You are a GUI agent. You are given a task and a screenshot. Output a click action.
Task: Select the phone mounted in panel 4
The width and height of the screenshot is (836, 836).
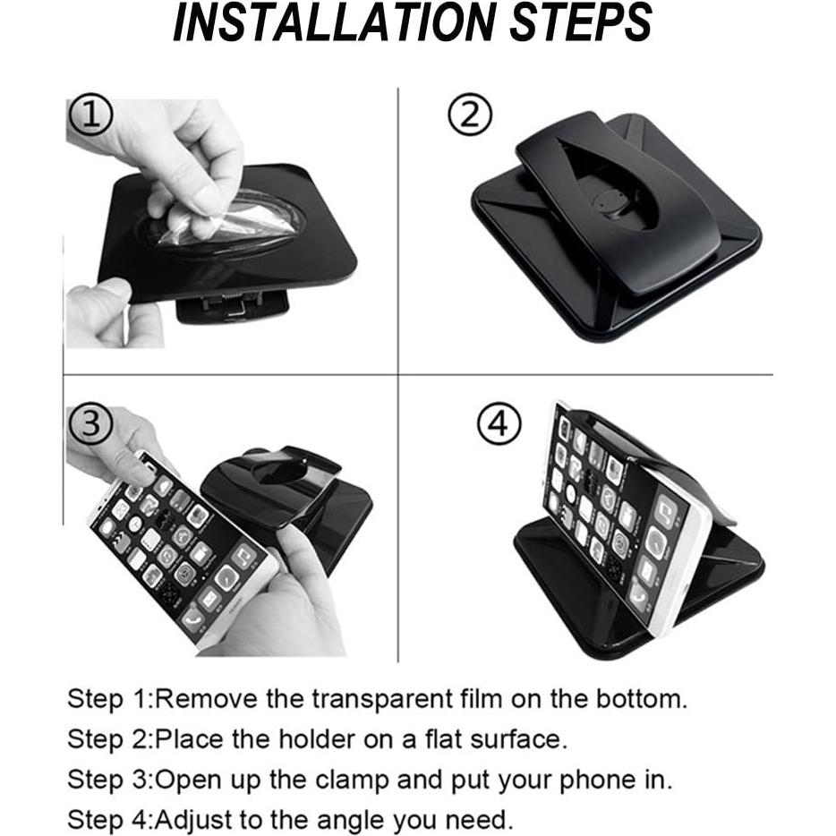coord(618,524)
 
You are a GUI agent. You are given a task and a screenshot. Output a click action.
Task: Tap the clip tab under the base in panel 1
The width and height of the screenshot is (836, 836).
coord(233,307)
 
